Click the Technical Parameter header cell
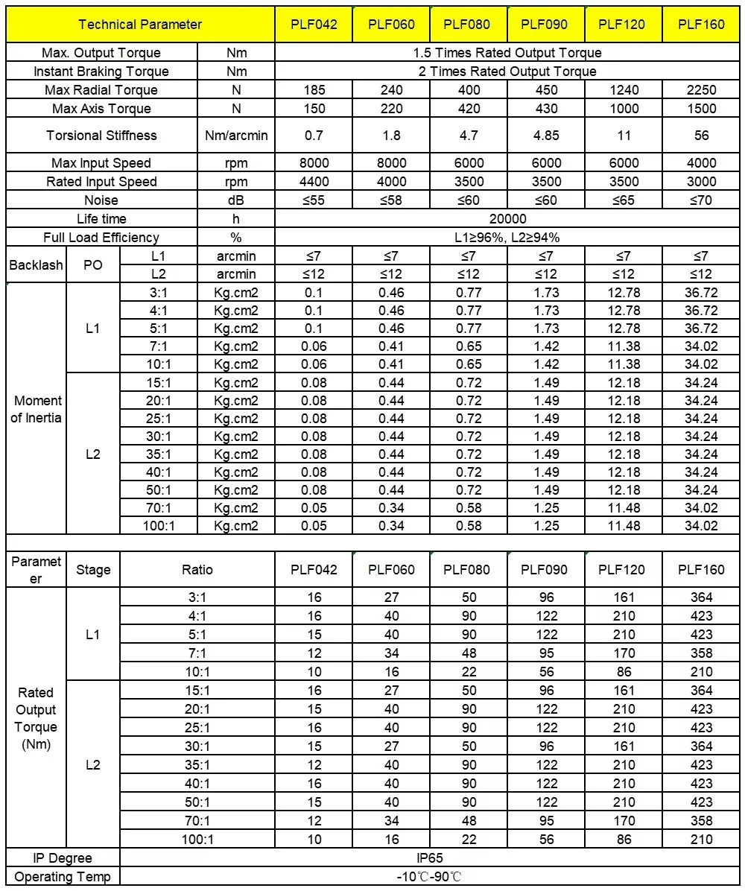[140, 25]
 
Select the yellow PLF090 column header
[545, 25]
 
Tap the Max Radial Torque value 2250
[701, 90]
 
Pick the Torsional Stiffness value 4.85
[545, 136]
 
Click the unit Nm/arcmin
[236, 136]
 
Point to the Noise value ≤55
[314, 200]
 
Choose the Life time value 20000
[507, 219]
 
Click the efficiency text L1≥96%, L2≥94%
[507, 238]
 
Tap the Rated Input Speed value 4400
[314, 182]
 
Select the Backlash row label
[36, 265]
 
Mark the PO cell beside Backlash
[93, 265]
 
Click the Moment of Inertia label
[36, 409]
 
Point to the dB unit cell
[236, 200]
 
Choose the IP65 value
[431, 858]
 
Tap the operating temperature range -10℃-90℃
[431, 877]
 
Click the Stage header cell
[93, 570]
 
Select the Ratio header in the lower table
[197, 570]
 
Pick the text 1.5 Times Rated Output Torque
[507, 53]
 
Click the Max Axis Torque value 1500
[701, 109]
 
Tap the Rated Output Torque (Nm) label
[36, 718]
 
